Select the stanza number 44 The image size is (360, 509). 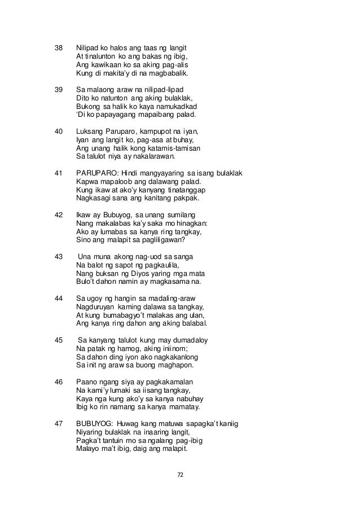pos(58,299)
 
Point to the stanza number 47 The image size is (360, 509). pos(58,420)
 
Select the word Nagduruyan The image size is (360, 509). pos(96,307)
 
